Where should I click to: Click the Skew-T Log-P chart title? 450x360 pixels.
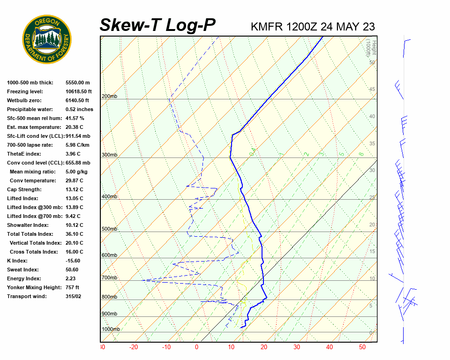(x=157, y=25)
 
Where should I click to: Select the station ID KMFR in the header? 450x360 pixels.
(x=267, y=27)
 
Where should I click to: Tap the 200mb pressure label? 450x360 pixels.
(x=109, y=97)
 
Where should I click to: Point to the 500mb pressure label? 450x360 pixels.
(x=109, y=229)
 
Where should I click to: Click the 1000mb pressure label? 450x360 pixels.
(x=111, y=330)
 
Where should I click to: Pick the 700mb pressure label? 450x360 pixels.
(x=109, y=278)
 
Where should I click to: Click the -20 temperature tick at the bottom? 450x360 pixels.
(x=134, y=347)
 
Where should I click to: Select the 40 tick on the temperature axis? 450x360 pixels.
(x=330, y=347)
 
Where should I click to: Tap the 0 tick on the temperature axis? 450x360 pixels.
(x=196, y=347)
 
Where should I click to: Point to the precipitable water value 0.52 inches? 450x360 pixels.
(x=79, y=109)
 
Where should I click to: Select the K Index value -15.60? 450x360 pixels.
(x=73, y=261)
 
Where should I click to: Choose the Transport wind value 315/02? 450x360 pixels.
(x=73, y=296)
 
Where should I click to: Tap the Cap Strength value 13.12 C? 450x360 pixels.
(x=74, y=189)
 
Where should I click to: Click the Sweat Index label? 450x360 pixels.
(x=22, y=270)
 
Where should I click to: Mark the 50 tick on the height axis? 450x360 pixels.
(x=372, y=62)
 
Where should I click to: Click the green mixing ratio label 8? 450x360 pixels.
(x=361, y=154)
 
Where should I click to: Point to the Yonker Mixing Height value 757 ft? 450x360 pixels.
(x=72, y=287)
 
